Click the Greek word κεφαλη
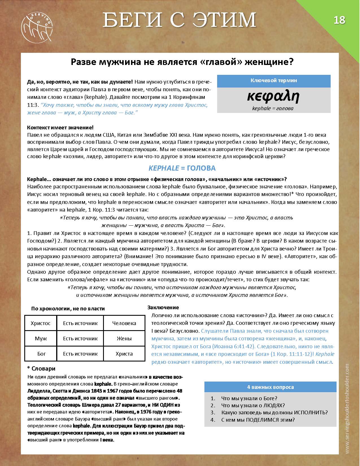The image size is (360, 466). pos(273,97)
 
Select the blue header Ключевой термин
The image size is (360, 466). pos(274,80)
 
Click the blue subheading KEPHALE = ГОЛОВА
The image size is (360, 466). pos(182,168)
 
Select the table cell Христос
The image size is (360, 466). pos(41,323)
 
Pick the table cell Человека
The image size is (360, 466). pos(124,323)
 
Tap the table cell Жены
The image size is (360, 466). pos(124,338)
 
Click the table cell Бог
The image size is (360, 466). pos(41,354)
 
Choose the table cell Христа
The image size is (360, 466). pos(124,354)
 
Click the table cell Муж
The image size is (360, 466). pos(41,338)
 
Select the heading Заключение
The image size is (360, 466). pos(163,308)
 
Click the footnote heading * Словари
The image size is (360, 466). pos(41,369)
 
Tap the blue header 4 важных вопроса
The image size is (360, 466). pos(270,387)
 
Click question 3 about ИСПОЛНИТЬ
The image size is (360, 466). pos(274,412)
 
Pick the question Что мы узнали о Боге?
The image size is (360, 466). pos(249,398)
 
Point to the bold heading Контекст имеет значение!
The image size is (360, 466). pos(60,128)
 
